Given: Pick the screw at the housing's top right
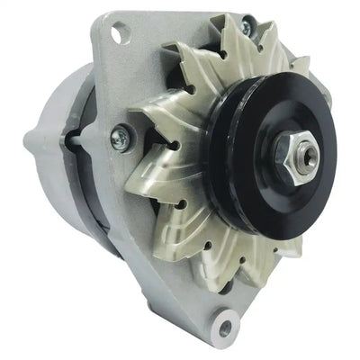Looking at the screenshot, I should pyautogui.click(x=246, y=30).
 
